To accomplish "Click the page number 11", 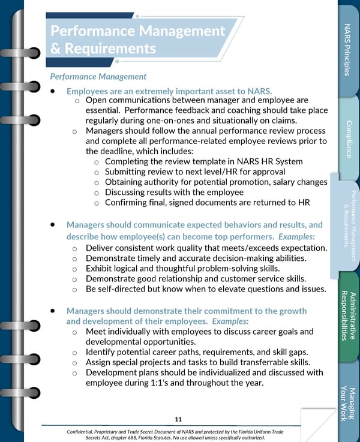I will pos(178,419).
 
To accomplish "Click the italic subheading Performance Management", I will pos(98,76).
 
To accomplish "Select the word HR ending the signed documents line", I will pos(303,203).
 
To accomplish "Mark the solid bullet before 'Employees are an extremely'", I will pos(53,91).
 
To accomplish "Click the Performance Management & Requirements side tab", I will pos(347,225).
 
